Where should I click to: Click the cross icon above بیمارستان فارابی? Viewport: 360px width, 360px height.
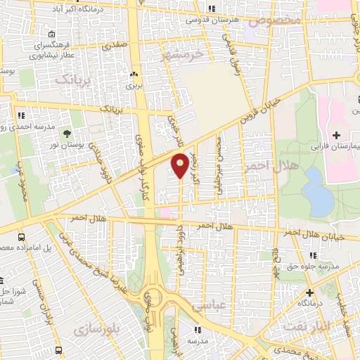click(x=336, y=134)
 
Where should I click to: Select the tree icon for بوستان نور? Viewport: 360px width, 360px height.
click(x=67, y=133)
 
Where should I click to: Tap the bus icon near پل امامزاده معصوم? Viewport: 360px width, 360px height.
click(x=22, y=238)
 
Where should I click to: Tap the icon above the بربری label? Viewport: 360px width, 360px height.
click(x=134, y=72)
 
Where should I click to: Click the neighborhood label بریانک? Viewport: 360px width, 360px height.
click(x=72, y=79)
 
